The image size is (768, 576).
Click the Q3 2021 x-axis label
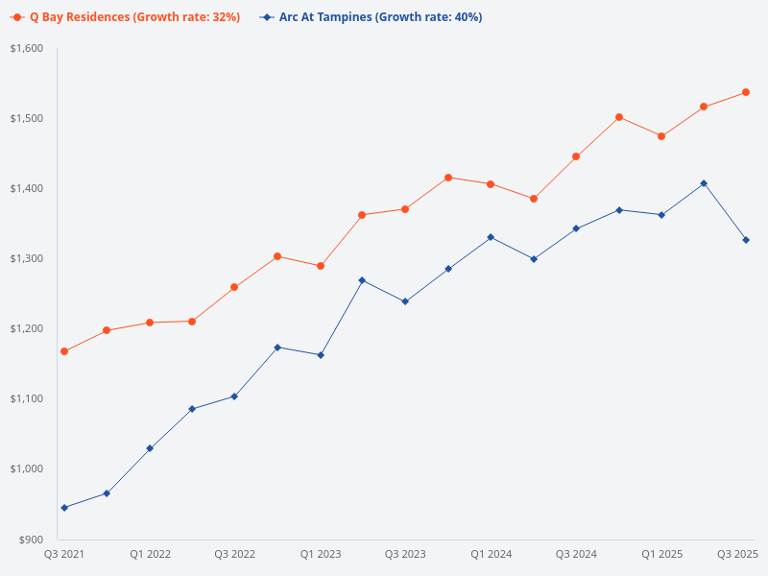click(x=64, y=554)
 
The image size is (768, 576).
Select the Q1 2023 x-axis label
click(x=321, y=554)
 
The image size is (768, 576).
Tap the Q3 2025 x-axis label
click(x=738, y=554)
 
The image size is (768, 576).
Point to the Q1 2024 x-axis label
click(x=491, y=554)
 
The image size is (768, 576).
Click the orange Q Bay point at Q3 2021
click(x=64, y=351)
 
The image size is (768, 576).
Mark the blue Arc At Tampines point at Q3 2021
click(x=64, y=508)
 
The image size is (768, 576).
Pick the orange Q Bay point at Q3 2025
click(x=746, y=92)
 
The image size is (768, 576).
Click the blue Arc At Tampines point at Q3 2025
click(x=746, y=240)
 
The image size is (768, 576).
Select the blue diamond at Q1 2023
click(x=321, y=355)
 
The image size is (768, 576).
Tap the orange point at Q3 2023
click(x=405, y=209)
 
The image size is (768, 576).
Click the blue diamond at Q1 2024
click(x=491, y=237)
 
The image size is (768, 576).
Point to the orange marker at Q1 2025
click(x=661, y=136)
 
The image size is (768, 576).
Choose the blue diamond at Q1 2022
click(x=150, y=448)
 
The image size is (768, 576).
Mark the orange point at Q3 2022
click(x=234, y=287)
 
